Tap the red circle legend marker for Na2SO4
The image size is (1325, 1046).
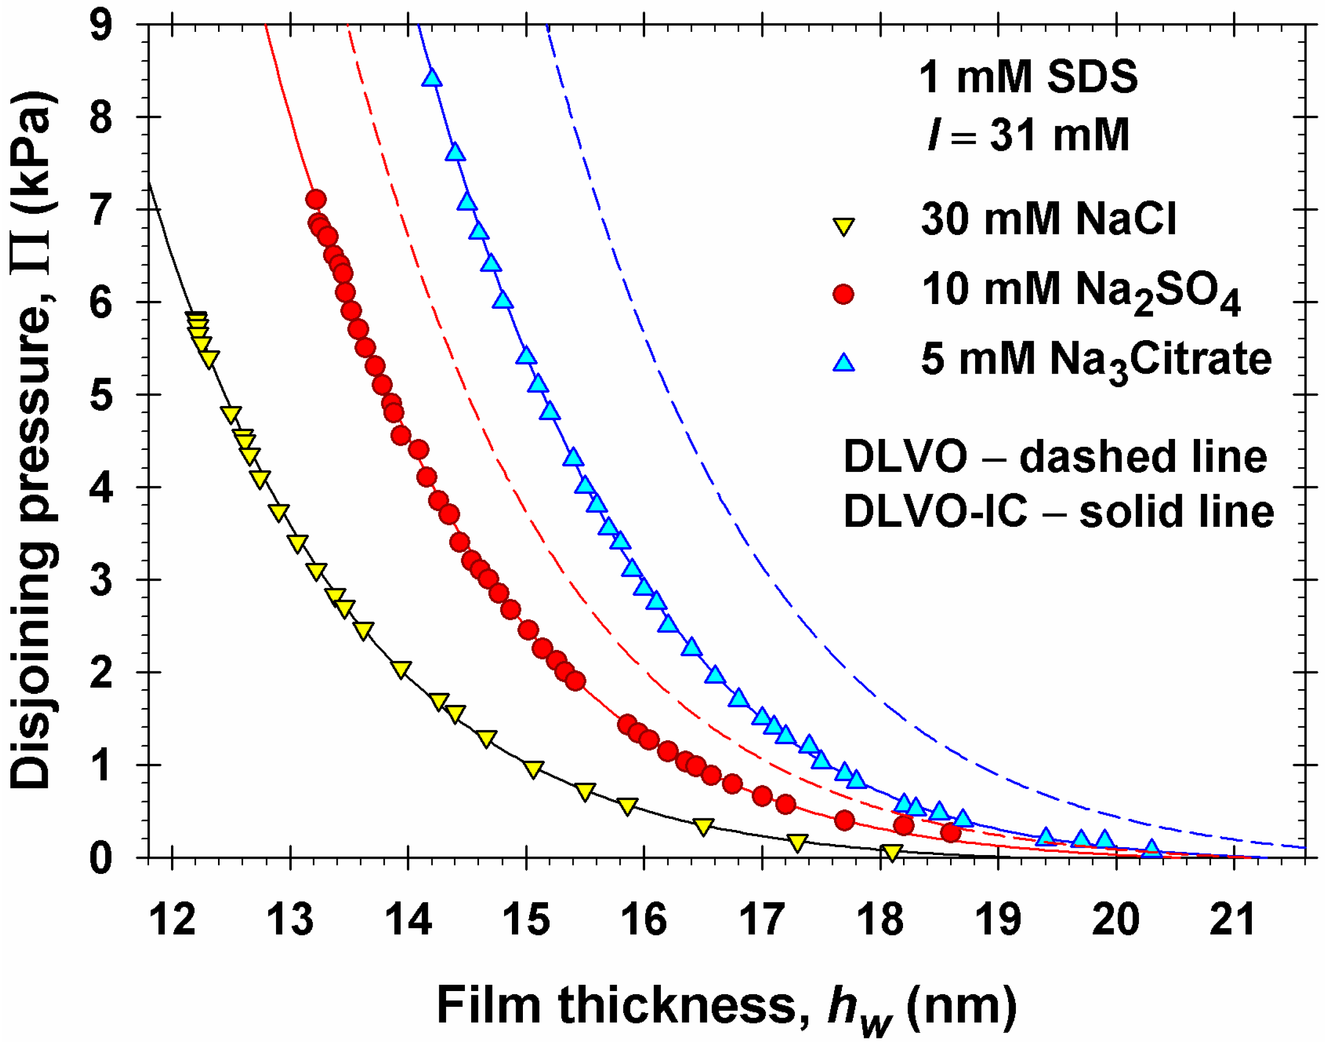pyautogui.click(x=843, y=294)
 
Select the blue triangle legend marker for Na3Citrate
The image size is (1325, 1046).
pyautogui.click(x=843, y=363)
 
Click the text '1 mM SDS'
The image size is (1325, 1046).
pyautogui.click(x=1028, y=78)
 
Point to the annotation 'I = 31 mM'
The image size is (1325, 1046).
pyautogui.click(x=1028, y=134)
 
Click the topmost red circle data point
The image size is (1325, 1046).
pyautogui.click(x=316, y=200)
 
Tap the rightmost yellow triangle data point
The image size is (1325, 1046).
pyautogui.click(x=892, y=852)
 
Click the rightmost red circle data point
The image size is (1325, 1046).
pyautogui.click(x=951, y=833)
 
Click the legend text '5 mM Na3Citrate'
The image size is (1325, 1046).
pyautogui.click(x=1095, y=360)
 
